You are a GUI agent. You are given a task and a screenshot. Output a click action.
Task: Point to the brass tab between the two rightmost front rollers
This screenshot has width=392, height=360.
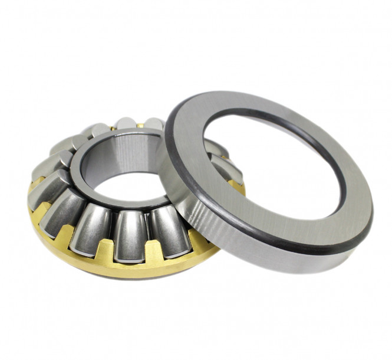coord(150,250)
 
